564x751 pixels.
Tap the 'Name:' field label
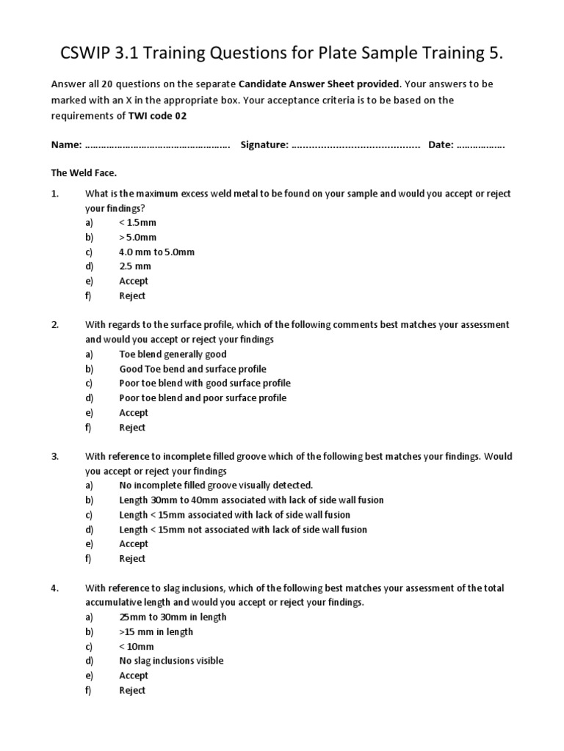click(x=66, y=145)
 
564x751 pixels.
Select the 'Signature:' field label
click(x=264, y=145)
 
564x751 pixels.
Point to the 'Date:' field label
click(x=441, y=145)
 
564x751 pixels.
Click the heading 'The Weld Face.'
click(x=84, y=173)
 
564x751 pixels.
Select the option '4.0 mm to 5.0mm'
click(x=156, y=252)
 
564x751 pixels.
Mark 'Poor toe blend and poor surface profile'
click(x=203, y=398)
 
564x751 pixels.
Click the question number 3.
click(x=54, y=456)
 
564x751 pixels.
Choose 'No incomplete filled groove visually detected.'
click(x=216, y=486)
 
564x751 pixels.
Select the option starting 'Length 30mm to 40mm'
click(x=251, y=500)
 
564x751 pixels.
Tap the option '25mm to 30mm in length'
click(x=173, y=617)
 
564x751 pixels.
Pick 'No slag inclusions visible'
click(x=171, y=661)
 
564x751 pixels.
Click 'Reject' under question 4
click(x=132, y=690)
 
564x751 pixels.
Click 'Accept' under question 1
click(x=133, y=281)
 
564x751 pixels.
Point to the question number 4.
click(x=54, y=588)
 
